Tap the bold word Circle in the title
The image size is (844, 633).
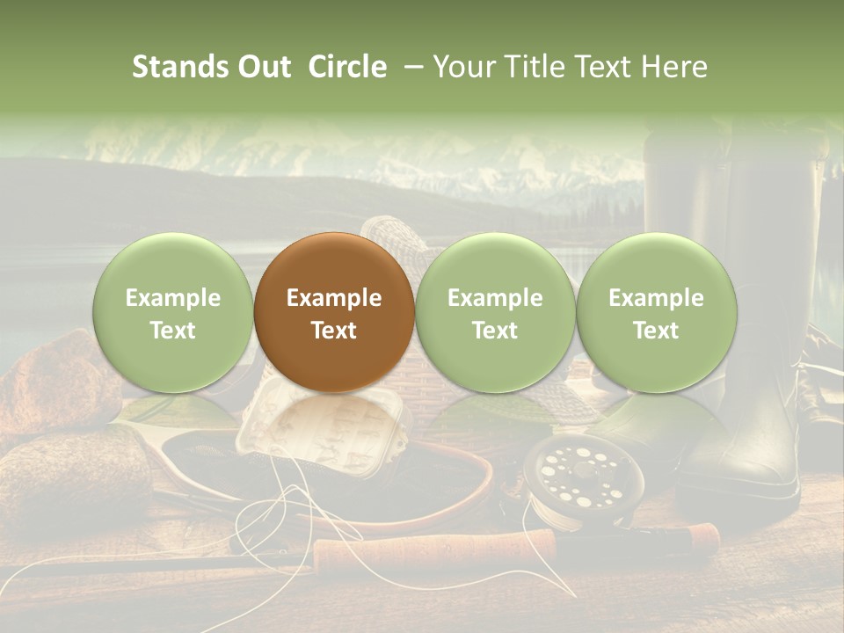click(x=347, y=67)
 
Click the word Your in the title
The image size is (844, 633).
click(x=460, y=67)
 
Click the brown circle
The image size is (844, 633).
click(x=334, y=312)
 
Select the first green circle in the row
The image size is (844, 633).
click(x=172, y=312)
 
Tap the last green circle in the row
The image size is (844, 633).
click(x=657, y=312)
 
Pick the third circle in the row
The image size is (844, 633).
click(x=495, y=312)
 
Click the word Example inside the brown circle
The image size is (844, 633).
click(x=334, y=298)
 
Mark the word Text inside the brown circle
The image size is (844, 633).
click(x=334, y=331)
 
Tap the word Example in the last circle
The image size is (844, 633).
click(x=657, y=298)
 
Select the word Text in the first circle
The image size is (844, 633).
click(x=172, y=331)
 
